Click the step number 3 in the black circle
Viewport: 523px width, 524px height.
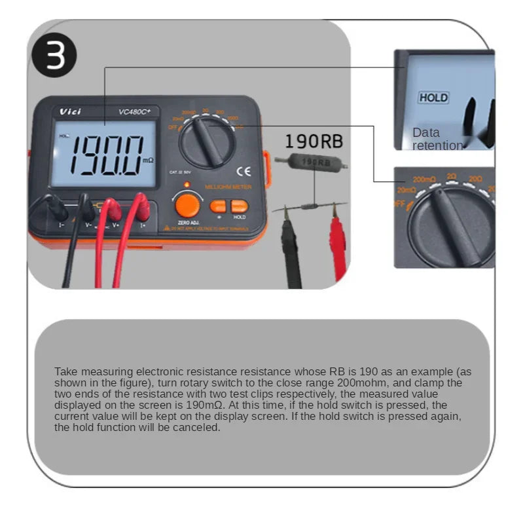coord(56,55)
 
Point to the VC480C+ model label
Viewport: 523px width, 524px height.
coord(134,111)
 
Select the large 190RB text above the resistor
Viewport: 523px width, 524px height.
coord(314,141)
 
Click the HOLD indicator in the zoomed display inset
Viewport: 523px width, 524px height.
coord(433,98)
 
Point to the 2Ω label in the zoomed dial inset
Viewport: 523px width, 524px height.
coord(452,176)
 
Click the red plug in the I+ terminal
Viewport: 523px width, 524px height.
coord(141,208)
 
